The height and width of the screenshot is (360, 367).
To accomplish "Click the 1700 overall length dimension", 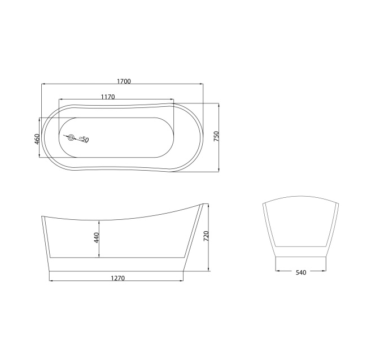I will tap(124, 81).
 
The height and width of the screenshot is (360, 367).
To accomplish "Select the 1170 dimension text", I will tap(107, 97).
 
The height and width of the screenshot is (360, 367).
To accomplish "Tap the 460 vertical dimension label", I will tap(37, 138).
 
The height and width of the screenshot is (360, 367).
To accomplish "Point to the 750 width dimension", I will tap(216, 137).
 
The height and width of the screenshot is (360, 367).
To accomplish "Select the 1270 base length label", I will tap(117, 277).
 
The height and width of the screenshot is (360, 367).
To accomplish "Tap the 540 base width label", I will tap(300, 272).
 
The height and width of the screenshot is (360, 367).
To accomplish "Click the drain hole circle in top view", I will tap(71, 137).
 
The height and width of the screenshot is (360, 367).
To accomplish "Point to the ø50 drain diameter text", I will tap(84, 139).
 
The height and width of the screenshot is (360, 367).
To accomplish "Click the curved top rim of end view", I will tap(300, 198).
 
